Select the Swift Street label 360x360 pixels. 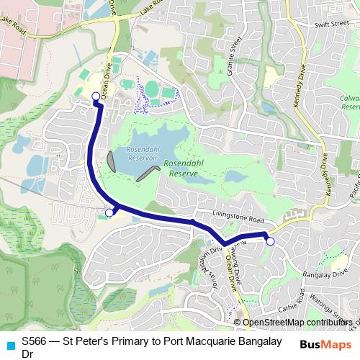pyautogui.click(x=331, y=24)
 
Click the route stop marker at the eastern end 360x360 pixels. pyautogui.click(x=270, y=241)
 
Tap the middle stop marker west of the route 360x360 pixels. pyautogui.click(x=109, y=212)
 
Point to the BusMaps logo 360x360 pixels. pyautogui.click(x=325, y=343)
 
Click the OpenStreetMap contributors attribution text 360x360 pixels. pyautogui.click(x=295, y=323)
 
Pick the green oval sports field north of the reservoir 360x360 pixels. pyautogui.click(x=152, y=89)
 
